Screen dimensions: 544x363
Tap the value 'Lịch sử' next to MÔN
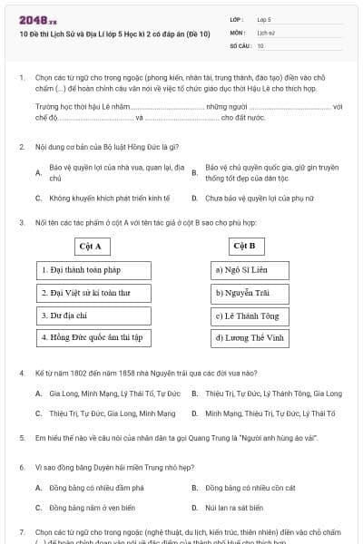coord(266,32)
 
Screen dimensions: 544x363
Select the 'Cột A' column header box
coord(90,246)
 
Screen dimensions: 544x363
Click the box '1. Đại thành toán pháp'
coord(94,270)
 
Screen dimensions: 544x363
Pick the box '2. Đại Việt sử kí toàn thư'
coord(94,293)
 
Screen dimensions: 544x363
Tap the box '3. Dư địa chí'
coord(94,316)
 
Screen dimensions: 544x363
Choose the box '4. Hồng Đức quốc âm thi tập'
coord(94,337)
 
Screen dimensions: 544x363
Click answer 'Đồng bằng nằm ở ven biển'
coord(92,508)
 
